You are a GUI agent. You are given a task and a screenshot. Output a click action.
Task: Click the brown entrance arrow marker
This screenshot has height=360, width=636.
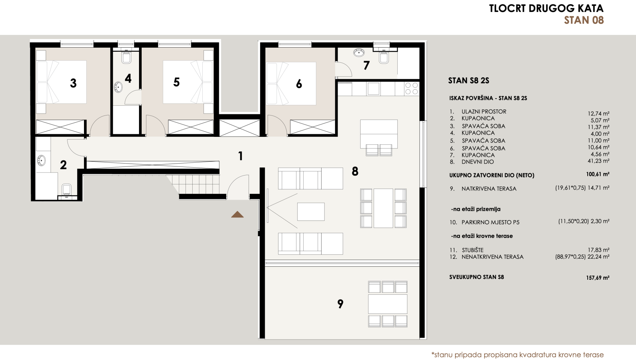pyautogui.click(x=237, y=215)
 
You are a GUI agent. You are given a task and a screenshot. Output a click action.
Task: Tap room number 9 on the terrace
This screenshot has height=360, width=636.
pyautogui.click(x=340, y=304)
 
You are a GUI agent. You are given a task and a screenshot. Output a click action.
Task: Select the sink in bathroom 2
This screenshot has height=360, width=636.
pyautogui.click(x=41, y=161)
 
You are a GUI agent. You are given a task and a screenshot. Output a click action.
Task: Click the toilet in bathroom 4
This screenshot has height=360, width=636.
pyautogui.click(x=126, y=58)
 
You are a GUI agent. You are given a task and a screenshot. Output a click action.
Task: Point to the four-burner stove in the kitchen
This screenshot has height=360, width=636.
pyautogui.click(x=412, y=88)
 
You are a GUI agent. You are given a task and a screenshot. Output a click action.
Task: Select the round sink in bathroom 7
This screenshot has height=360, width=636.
pyautogui.click(x=359, y=52)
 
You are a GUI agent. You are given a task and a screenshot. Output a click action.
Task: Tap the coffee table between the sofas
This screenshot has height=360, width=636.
pyautogui.click(x=311, y=211)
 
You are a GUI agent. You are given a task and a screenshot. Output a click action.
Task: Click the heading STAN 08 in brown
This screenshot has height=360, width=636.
pyautogui.click(x=584, y=20)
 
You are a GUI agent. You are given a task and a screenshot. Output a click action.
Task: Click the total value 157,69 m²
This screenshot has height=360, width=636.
pyautogui.click(x=597, y=278)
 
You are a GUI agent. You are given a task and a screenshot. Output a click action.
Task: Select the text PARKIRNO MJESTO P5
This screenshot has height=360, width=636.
pyautogui.click(x=490, y=222)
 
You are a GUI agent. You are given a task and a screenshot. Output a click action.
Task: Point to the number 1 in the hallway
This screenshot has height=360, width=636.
pyautogui.click(x=240, y=156)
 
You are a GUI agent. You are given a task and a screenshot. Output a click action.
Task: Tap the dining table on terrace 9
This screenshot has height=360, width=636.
pyautogui.click(x=388, y=304)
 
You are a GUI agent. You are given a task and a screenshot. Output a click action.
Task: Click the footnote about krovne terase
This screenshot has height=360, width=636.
pyautogui.click(x=517, y=355)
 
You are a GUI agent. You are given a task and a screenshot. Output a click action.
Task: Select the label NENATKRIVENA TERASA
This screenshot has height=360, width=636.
pyautogui.click(x=492, y=257)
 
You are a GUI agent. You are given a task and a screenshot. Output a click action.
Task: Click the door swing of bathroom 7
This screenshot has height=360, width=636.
pyautogui.click(x=343, y=70)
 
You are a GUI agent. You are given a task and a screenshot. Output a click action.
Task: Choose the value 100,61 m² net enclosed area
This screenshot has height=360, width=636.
pyautogui.click(x=597, y=174)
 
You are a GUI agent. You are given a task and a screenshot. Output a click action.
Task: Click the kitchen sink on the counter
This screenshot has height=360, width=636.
pyautogui.click(x=373, y=89)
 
